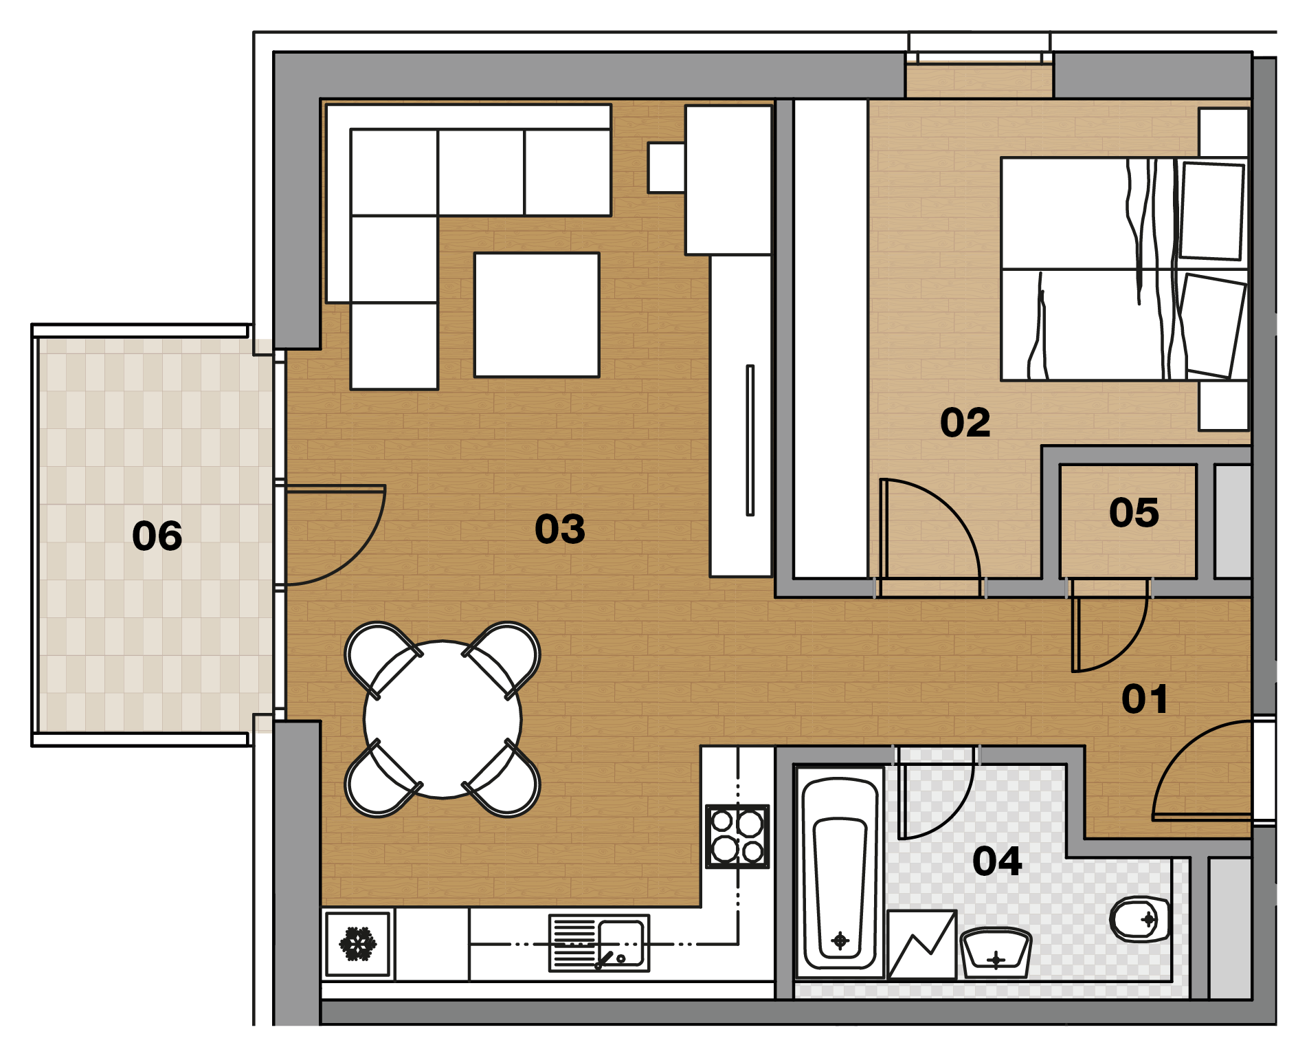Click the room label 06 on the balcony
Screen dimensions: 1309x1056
click(157, 536)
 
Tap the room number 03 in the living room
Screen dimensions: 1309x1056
click(560, 529)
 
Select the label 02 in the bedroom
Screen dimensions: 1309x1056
click(965, 422)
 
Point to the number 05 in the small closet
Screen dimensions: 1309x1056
click(1134, 513)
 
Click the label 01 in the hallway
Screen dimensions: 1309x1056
click(1145, 699)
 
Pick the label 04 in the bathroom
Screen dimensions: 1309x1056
click(997, 861)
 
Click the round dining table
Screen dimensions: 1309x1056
click(443, 720)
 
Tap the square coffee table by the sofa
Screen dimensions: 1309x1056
click(537, 315)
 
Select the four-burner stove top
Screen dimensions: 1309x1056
click(737, 836)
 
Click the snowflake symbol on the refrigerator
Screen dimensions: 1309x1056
click(357, 943)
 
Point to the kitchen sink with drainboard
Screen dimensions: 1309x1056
click(599, 943)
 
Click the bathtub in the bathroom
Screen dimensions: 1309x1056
click(839, 872)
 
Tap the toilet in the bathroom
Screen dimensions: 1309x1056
click(1140, 919)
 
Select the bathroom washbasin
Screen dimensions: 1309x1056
click(996, 953)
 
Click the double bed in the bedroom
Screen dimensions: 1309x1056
click(1124, 269)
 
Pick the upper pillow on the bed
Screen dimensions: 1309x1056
click(1212, 211)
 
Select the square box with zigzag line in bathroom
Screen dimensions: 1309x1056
click(921, 944)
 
